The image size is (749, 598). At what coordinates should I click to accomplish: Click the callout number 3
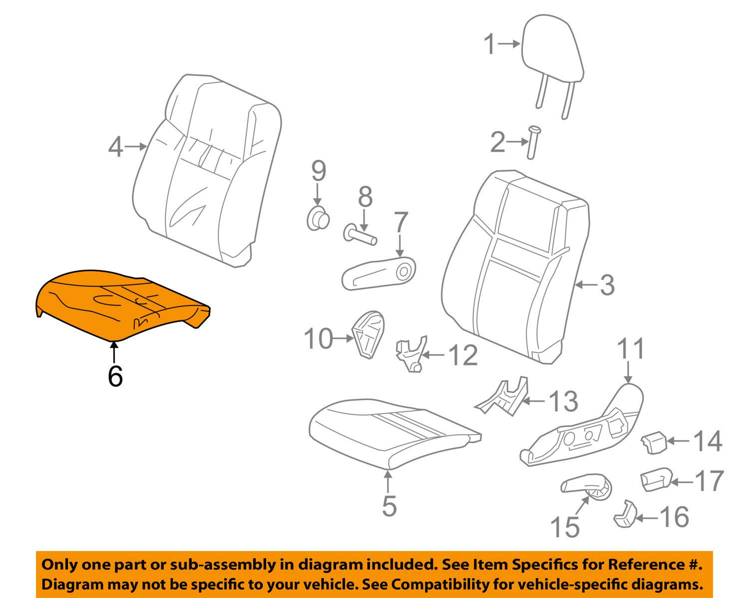[606, 285]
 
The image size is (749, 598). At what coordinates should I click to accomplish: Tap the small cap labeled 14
[654, 443]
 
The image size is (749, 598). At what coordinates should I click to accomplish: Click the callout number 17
[708, 481]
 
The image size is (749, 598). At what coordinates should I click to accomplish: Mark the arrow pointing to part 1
[509, 44]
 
